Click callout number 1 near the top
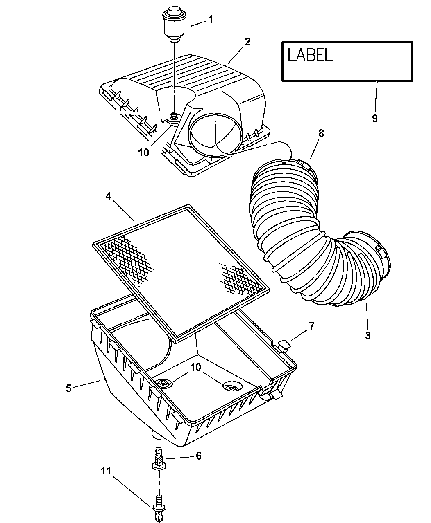coord(210,19)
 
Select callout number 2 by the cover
coord(247,42)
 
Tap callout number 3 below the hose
coord(367,335)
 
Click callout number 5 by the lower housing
coord(68,388)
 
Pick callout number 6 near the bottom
coord(198,456)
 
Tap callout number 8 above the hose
coord(321,133)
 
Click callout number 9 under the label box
coord(374,118)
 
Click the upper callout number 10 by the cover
coord(143,153)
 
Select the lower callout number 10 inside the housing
coord(195,367)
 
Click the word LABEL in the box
coord(310,55)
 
